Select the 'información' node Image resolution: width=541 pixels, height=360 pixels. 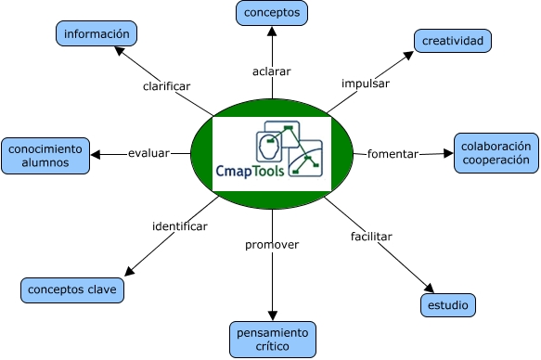[x=97, y=34]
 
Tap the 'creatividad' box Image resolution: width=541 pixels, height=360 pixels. [x=452, y=41]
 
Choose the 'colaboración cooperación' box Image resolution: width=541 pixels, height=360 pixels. [x=496, y=153]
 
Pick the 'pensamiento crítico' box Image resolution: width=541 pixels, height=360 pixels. [x=273, y=339]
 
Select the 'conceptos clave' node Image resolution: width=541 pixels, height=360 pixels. [x=72, y=290]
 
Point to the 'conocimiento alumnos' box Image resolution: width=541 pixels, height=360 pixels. [x=46, y=155]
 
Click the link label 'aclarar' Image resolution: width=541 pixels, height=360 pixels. [x=272, y=71]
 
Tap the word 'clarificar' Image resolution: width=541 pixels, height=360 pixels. [x=166, y=85]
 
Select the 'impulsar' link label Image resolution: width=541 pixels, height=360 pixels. [x=365, y=83]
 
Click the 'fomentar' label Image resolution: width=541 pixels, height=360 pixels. [x=393, y=153]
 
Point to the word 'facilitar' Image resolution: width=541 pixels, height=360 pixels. [x=371, y=236]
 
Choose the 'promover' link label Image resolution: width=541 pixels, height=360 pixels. [x=272, y=245]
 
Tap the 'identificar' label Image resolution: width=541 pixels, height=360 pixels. [x=179, y=225]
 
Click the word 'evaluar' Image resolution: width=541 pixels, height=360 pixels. [x=148, y=153]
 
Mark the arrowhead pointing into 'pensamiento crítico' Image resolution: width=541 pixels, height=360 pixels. [x=272, y=316]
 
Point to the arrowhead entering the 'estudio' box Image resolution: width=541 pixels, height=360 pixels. [x=430, y=289]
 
